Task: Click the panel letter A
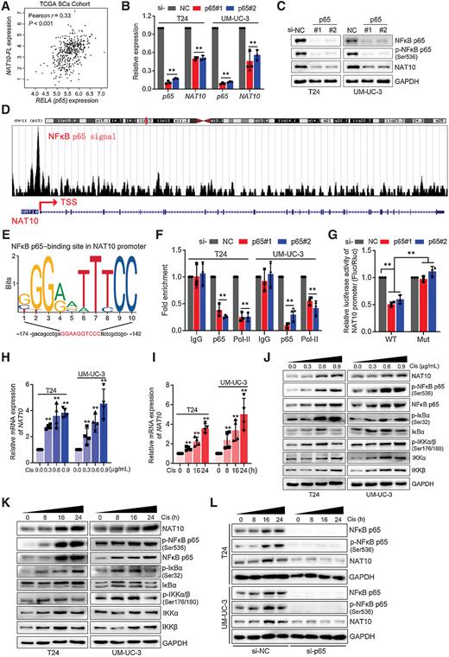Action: click(6, 6)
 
